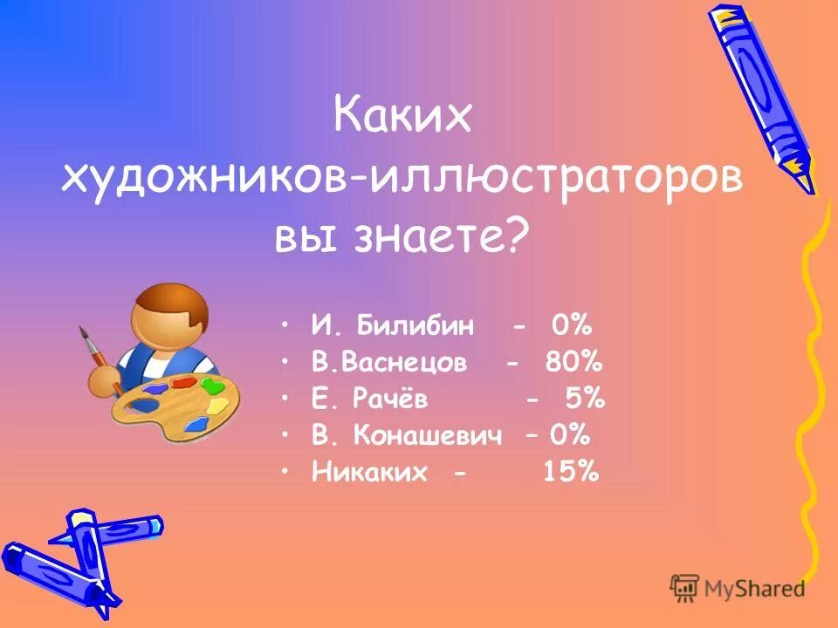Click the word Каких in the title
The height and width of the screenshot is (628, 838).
[x=402, y=118]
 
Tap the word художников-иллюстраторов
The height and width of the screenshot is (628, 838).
[x=402, y=179]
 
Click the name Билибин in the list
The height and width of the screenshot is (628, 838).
[x=416, y=326]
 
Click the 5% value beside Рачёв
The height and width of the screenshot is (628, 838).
[x=584, y=399]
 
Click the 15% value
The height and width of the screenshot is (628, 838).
[x=571, y=472]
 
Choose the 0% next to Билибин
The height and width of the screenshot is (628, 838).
[x=571, y=326]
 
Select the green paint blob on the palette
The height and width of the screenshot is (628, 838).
[x=210, y=384]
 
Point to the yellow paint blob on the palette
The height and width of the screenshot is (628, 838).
[x=218, y=406]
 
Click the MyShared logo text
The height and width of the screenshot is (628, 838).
[x=751, y=589]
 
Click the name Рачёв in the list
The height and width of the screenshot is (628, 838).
[x=391, y=399]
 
